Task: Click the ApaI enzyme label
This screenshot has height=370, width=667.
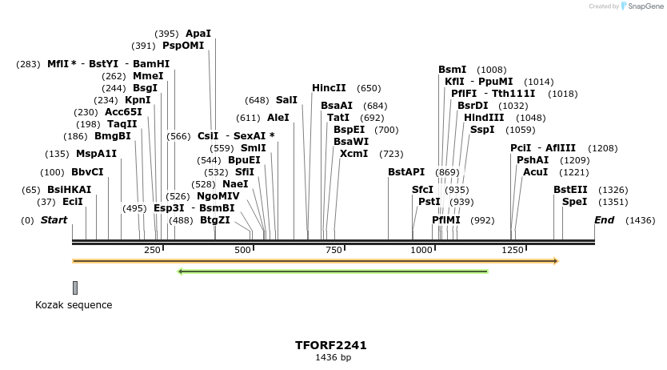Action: click(198, 34)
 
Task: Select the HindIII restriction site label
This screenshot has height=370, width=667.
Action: click(484, 118)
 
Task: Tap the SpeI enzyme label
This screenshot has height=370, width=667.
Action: click(574, 202)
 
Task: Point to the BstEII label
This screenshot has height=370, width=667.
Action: click(570, 190)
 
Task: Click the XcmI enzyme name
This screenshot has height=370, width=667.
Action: click(353, 154)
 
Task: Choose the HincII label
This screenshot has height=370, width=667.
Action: click(329, 88)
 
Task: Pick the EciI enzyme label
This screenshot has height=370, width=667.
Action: click(73, 202)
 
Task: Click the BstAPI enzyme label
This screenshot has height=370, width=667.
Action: click(406, 172)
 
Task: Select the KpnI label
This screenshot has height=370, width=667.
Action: click(138, 100)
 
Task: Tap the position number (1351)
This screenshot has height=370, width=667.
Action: click(613, 202)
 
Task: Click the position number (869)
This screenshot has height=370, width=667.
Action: click(447, 172)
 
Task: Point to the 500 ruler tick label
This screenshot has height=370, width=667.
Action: click(243, 251)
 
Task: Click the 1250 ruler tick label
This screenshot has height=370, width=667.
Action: click(513, 251)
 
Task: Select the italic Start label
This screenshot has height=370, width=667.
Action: click(54, 220)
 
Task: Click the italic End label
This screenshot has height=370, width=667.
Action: click(605, 220)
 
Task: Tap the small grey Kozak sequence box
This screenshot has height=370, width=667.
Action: click(75, 288)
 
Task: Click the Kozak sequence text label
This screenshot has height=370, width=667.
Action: click(74, 305)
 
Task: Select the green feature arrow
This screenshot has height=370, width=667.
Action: click(333, 271)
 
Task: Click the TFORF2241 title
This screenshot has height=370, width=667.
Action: click(331, 345)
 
